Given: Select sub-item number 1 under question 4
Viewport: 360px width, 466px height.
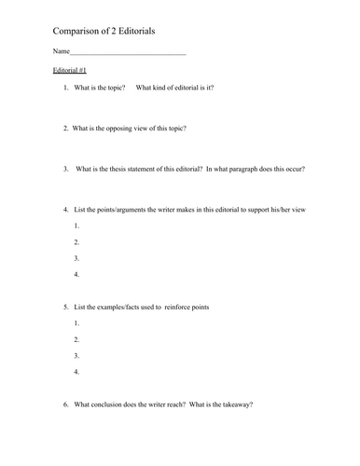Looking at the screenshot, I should click(x=76, y=226).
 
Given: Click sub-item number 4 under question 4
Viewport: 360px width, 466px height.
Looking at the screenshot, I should click(x=76, y=274).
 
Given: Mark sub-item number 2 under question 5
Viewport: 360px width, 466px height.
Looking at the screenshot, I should click(x=76, y=339).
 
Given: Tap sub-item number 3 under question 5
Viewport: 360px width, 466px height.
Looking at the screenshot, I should click(x=76, y=355).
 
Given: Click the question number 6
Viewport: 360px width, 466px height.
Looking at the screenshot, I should click(x=65, y=404).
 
